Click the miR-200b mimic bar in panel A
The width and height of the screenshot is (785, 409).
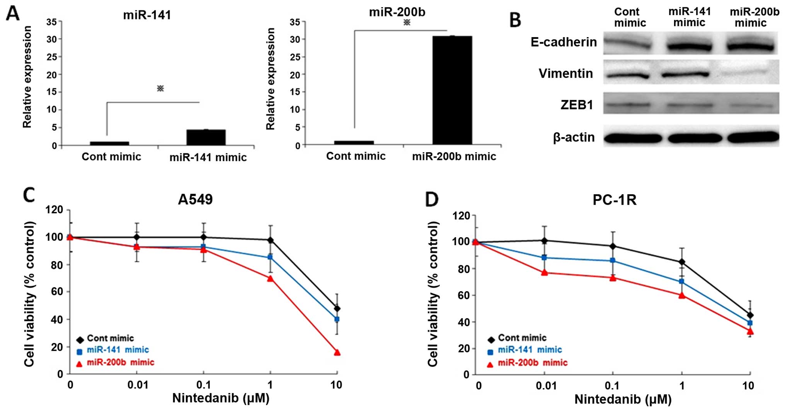click(452, 90)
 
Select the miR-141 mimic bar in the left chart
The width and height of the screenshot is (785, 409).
click(206, 137)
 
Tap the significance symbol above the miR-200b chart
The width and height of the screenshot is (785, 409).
click(407, 22)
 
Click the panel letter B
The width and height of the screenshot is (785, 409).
click(515, 20)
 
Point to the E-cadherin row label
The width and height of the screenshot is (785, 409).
click(564, 42)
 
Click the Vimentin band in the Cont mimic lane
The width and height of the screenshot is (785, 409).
click(627, 75)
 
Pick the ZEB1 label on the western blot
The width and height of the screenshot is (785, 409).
click(577, 105)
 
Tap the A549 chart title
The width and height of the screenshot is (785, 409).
click(195, 199)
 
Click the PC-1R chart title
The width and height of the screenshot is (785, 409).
click(615, 200)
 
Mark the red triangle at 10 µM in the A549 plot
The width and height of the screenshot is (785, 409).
click(337, 352)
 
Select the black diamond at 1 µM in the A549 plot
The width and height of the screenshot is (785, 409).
click(270, 240)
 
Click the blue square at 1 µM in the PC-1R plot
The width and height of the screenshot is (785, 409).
click(682, 282)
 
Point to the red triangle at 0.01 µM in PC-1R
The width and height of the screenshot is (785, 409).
click(544, 273)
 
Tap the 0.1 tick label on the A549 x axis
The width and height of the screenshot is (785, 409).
click(203, 385)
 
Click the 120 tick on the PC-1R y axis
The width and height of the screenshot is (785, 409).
click(461, 215)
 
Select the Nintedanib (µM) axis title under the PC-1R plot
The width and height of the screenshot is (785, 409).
click(623, 399)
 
